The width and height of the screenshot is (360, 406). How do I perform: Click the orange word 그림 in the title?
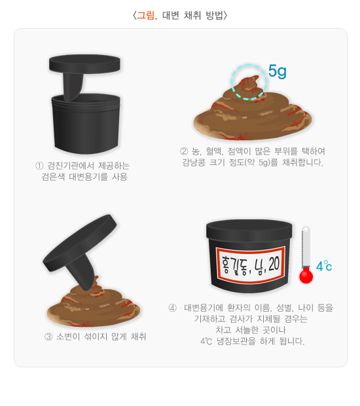coord(145,15)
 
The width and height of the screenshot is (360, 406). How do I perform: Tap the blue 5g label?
coord(277,71)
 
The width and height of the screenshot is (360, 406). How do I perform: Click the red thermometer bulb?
coord(306,276)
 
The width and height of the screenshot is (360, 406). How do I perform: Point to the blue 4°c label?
coord(324,266)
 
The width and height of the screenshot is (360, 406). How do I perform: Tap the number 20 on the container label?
coord(274,264)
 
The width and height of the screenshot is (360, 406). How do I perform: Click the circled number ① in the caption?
coord(39,166)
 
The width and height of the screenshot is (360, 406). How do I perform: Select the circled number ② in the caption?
coord(184,151)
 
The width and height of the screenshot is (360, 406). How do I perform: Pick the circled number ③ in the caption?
coord(48,337)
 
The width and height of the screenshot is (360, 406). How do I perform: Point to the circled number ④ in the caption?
coord(172,308)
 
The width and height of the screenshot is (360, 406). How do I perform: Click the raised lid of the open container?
coord(84,64)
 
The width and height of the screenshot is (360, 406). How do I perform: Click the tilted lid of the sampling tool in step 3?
coord(80,242)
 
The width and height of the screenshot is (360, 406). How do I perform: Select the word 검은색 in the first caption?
coord(53,177)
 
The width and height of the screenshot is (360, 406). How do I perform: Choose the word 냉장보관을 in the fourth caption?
coord(236,341)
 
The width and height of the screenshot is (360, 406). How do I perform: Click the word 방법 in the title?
coord(214,15)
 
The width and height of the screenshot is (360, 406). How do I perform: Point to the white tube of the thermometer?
coord(306,247)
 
